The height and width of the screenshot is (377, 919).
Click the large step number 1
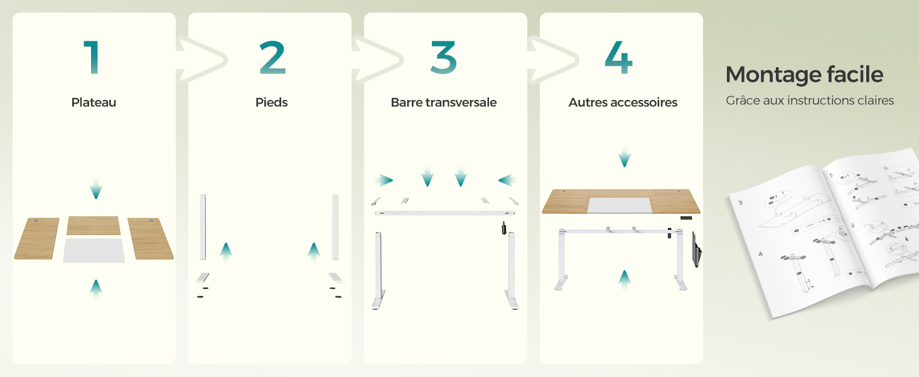pos(92,58)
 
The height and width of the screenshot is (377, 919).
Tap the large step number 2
pos(272,58)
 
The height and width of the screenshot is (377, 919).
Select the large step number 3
pos(443,58)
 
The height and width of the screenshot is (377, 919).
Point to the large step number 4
pos(618,58)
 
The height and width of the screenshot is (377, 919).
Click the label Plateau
pos(94,102)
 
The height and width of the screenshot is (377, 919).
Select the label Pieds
pos(271,102)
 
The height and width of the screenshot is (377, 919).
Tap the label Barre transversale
pos(443,102)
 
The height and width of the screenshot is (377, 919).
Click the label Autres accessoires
pos(623,102)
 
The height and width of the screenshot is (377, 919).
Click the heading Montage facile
pos(804,75)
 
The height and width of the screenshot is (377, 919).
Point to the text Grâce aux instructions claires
pos(809,101)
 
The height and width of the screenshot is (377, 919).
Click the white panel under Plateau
pos(94,250)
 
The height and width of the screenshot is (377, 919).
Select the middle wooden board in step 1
pos(94,225)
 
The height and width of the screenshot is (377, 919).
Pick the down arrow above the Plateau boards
pos(95,188)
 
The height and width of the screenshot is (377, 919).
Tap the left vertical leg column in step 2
pos(202,226)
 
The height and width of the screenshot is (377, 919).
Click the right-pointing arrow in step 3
pos(383,180)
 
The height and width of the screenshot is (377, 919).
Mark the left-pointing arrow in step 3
pos(508,180)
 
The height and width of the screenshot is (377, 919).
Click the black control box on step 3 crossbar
pos(503,229)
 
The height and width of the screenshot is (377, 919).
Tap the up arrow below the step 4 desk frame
pos(624,278)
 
